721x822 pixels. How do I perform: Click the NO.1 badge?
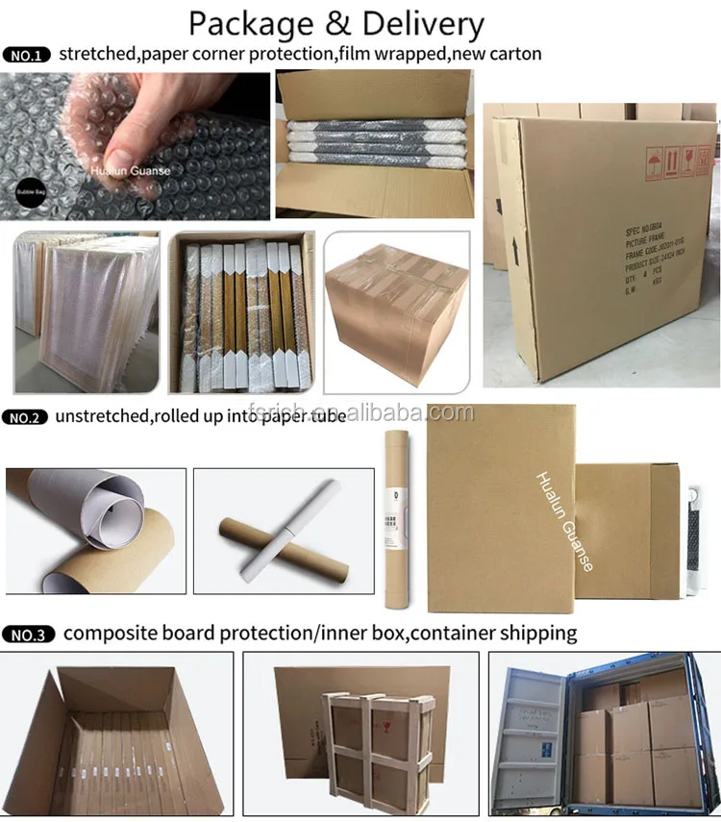coord(28,55)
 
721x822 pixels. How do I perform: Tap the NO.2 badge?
coord(28,417)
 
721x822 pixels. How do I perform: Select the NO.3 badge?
coord(29,635)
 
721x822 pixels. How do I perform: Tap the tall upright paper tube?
coord(395,518)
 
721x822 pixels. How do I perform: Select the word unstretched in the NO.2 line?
coord(111,417)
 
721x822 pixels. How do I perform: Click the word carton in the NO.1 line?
coord(514,54)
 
